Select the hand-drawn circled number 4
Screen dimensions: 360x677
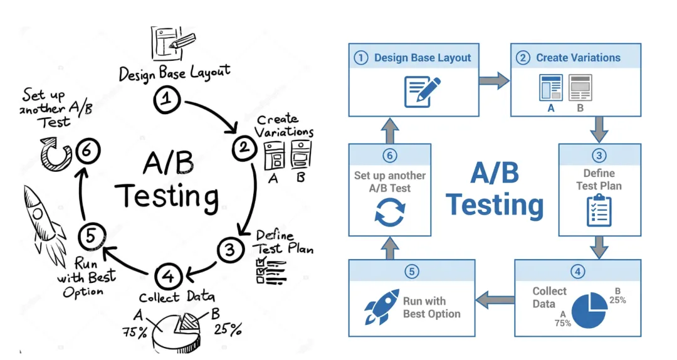point(167,276)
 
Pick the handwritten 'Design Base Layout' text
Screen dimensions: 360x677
point(175,72)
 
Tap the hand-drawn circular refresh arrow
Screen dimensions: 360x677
point(55,152)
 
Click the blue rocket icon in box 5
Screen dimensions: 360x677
point(382,307)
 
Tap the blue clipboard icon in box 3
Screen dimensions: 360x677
point(599,210)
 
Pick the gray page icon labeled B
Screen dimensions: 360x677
point(580,88)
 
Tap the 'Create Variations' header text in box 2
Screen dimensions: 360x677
point(578,58)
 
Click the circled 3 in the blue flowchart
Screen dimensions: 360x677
point(599,156)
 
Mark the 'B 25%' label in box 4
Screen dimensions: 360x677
point(617,295)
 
